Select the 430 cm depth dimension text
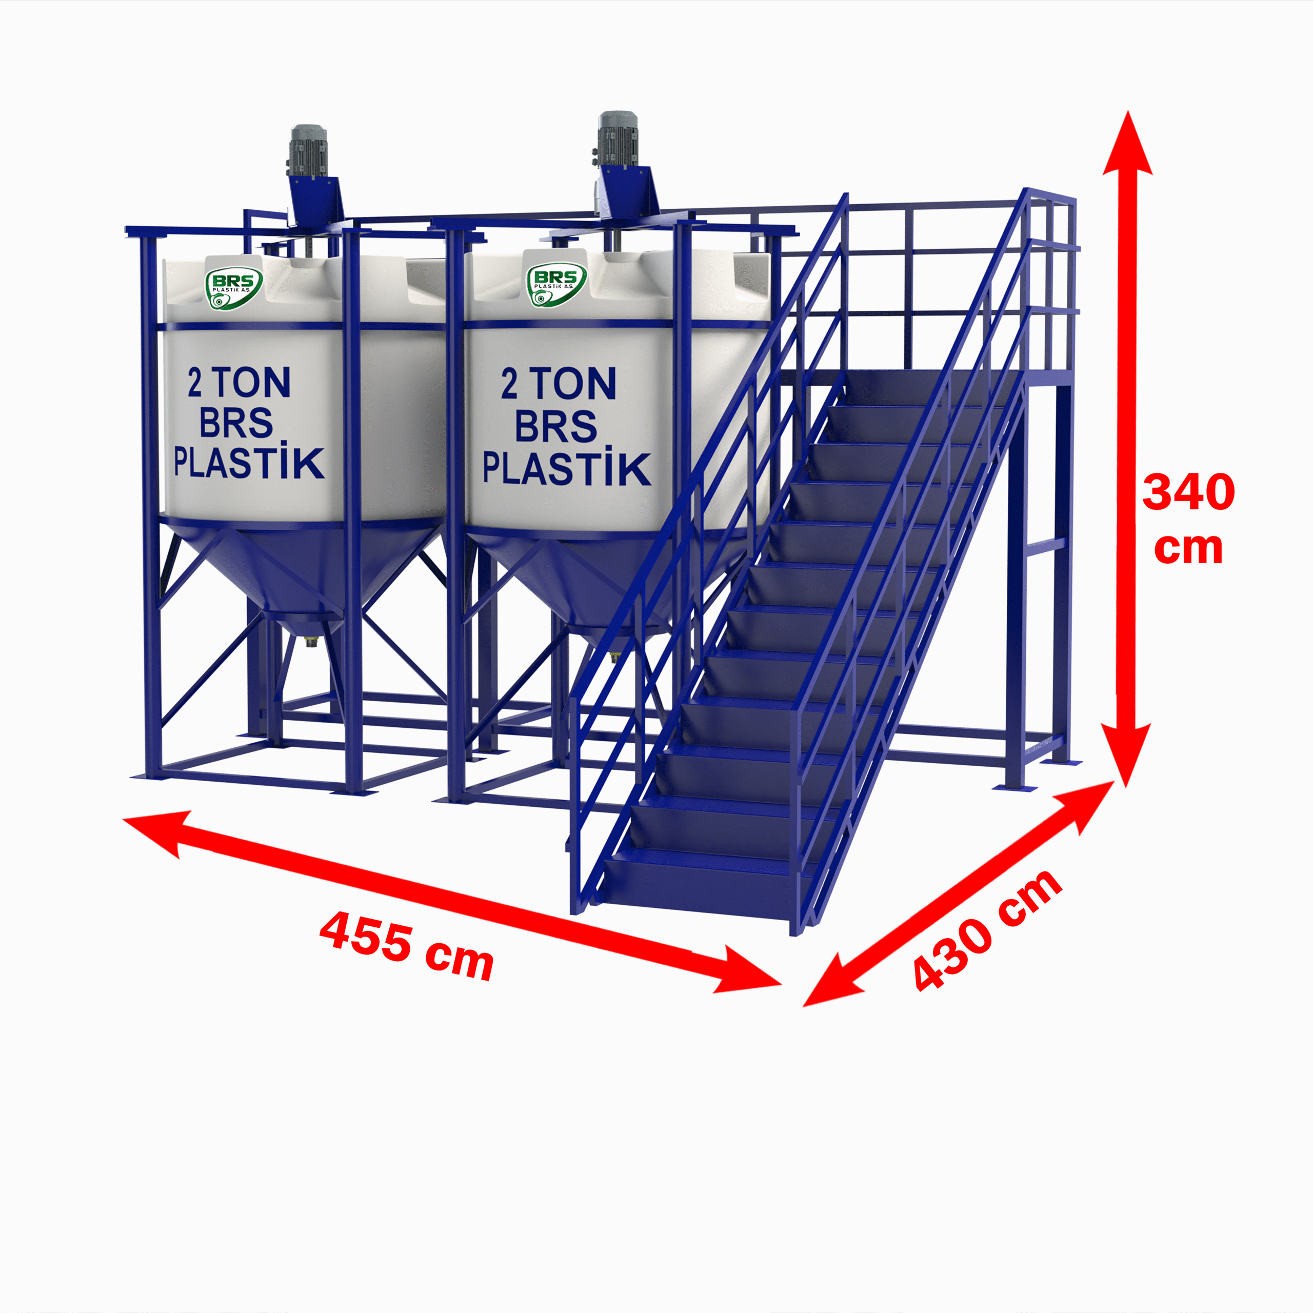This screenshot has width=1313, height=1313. pos(987,931)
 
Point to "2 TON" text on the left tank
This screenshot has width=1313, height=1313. pos(239,383)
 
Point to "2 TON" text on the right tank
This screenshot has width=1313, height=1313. pos(559,384)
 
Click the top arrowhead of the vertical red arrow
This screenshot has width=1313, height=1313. pos(1127,146)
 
